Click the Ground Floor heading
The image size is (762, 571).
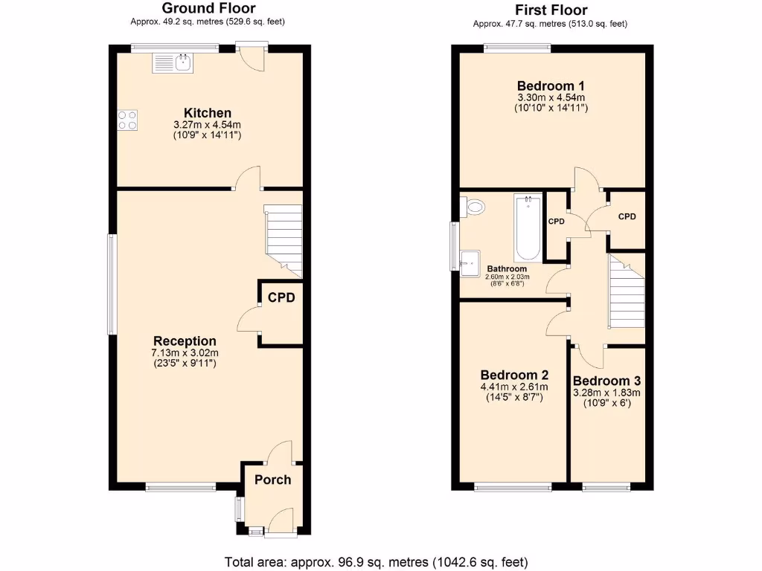tap(208, 9)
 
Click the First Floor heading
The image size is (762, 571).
tap(551, 10)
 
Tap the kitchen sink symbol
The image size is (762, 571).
tap(173, 64)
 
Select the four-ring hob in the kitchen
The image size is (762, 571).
tap(127, 120)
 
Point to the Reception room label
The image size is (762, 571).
tap(185, 341)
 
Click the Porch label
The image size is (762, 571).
tap(272, 480)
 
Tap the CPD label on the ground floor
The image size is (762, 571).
tap(281, 297)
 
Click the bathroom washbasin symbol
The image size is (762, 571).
tap(470, 259)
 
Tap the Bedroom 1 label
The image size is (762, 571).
tap(551, 86)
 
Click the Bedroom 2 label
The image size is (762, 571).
tap(514, 375)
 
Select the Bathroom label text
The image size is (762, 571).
tap(507, 268)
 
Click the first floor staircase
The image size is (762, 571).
tap(626, 291)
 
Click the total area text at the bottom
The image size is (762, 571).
tap(377, 561)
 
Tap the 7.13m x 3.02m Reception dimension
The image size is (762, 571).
tap(185, 352)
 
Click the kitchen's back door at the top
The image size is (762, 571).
tap(251, 58)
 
